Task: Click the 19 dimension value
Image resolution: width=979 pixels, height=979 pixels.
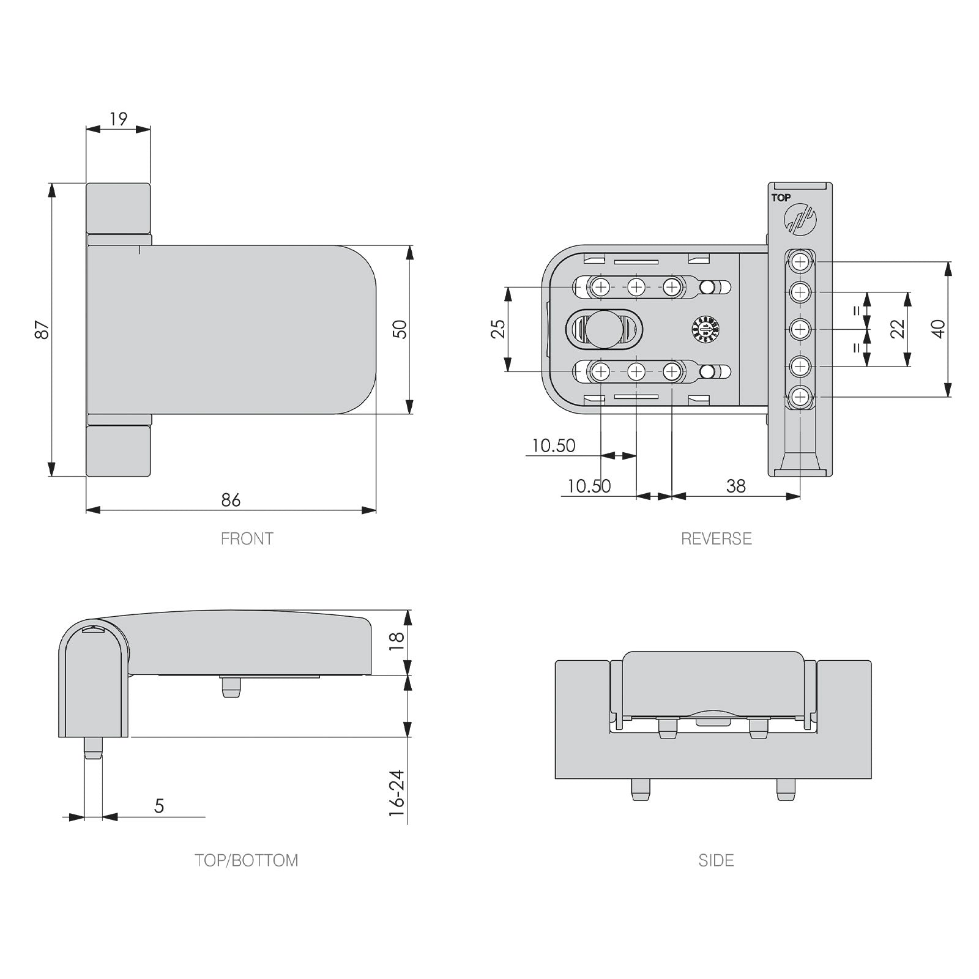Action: coord(118,119)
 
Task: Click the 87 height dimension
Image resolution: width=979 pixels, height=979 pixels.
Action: coord(42,330)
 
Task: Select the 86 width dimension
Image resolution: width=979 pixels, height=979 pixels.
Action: coord(231,500)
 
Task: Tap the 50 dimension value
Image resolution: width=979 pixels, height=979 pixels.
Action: coord(400,330)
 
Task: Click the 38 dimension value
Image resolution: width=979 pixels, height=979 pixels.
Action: coord(735,486)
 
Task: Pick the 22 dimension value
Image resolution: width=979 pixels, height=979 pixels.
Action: coord(898,329)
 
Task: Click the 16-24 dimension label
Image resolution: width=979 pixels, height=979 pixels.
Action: coord(396,793)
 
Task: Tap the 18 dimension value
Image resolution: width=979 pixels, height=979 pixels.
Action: coord(396,641)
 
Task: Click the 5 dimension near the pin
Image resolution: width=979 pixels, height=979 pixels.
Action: coord(159,806)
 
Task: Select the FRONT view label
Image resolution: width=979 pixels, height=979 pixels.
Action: coord(247,538)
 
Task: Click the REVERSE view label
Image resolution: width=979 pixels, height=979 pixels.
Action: coord(716,538)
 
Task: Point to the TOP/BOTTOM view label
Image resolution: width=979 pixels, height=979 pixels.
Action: coord(247,860)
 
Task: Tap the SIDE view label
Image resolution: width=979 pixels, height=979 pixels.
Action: coord(716,860)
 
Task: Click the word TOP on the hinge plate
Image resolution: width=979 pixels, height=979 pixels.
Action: coord(781,198)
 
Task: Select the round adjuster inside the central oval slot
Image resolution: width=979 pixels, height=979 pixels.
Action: coord(603,329)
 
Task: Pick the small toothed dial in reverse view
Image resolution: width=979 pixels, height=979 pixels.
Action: coord(705,329)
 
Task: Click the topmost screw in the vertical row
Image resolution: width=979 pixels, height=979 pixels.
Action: coord(800,262)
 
